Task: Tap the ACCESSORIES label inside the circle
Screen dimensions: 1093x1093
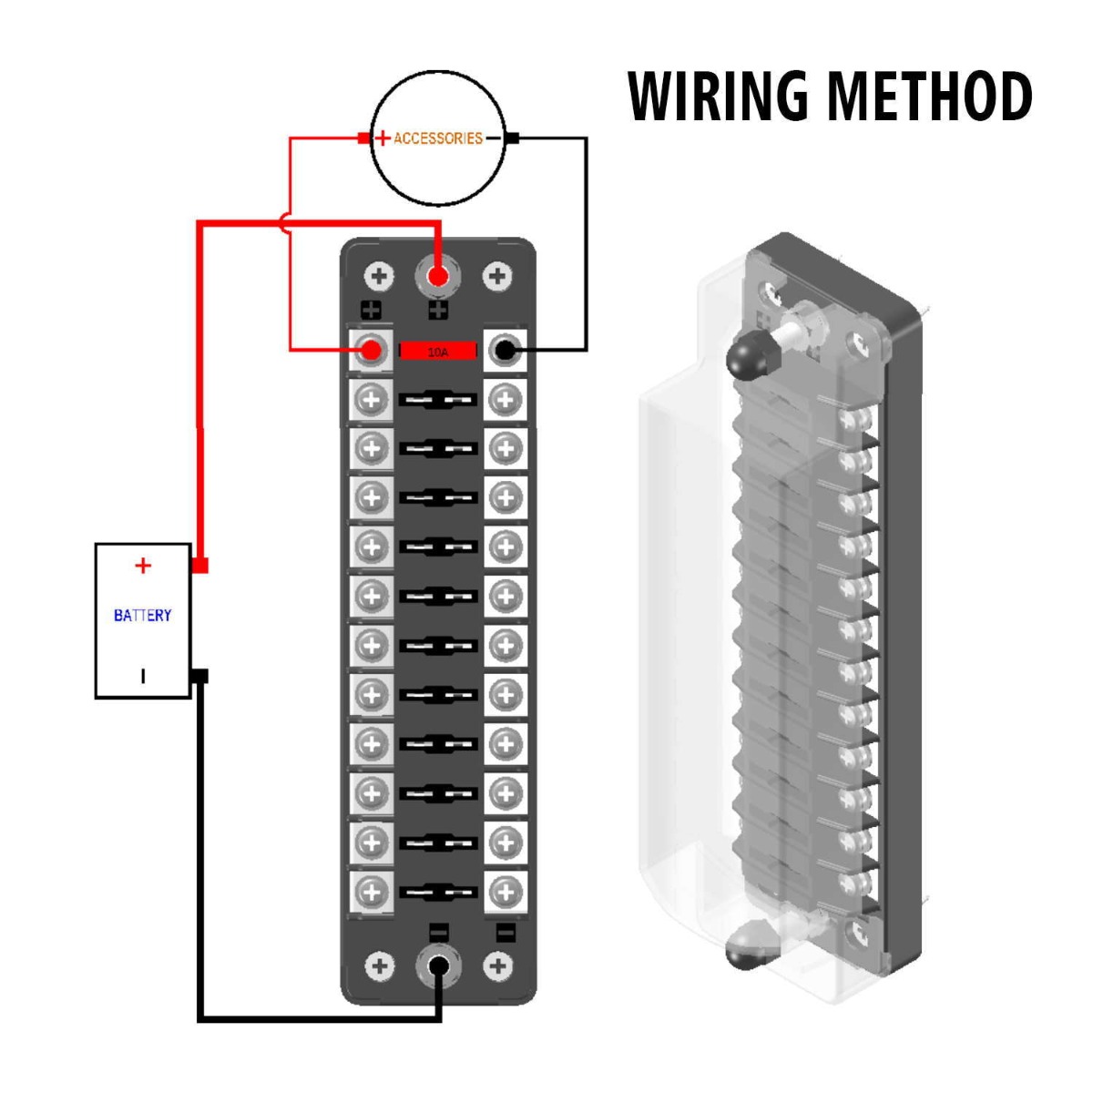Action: click(x=437, y=138)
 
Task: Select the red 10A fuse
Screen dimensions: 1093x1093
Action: click(x=438, y=351)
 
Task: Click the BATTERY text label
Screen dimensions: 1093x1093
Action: click(x=142, y=616)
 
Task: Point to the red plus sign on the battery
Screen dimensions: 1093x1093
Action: click(x=142, y=566)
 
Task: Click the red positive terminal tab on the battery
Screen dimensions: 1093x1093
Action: click(x=200, y=566)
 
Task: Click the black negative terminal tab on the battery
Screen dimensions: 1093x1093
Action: click(x=200, y=676)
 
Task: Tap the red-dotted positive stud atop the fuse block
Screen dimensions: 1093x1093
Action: click(x=438, y=276)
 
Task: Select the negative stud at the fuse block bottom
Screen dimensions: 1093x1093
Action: click(x=438, y=966)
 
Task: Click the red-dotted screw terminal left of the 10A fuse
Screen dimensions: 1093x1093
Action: click(x=371, y=350)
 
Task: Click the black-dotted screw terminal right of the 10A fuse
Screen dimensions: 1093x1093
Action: click(x=506, y=350)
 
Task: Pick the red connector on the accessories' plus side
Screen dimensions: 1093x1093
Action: click(x=363, y=138)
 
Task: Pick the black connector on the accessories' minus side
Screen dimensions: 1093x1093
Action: click(x=513, y=138)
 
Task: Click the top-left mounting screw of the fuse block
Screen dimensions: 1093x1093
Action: click(x=380, y=276)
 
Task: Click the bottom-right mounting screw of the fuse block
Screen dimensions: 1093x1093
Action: click(x=496, y=966)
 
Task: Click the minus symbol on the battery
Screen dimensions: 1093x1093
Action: click(x=142, y=676)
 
